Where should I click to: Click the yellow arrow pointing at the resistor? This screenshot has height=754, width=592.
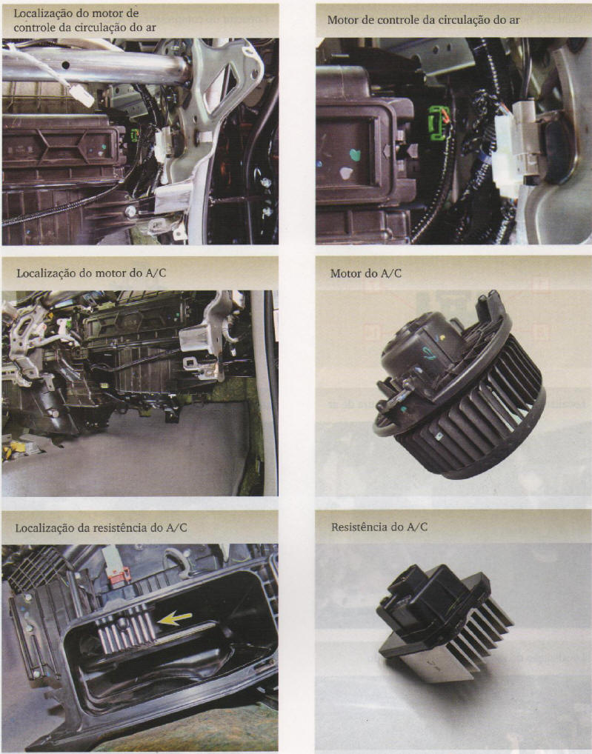pyautogui.click(x=174, y=618)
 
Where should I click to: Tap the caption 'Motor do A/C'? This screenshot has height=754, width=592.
pyautogui.click(x=365, y=273)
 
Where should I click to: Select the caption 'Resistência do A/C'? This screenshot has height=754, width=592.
pyautogui.click(x=379, y=527)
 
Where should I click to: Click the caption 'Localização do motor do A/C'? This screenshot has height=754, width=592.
pyautogui.click(x=91, y=273)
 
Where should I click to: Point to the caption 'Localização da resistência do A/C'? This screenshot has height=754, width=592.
pyautogui.click(x=101, y=528)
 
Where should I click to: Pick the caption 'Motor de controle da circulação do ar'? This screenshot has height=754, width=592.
pyautogui.click(x=423, y=20)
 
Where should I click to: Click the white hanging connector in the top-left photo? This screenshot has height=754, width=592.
pyautogui.click(x=82, y=96)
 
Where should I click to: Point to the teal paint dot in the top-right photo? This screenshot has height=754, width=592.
pyautogui.click(x=355, y=155)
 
